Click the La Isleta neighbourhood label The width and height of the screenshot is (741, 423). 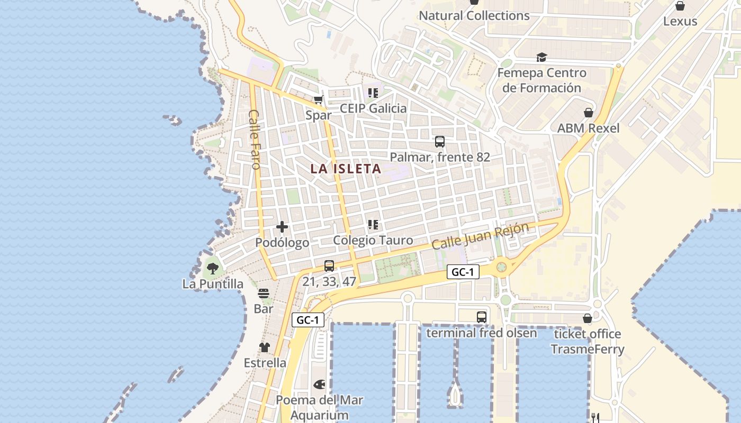(346, 169)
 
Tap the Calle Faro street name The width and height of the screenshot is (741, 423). (255, 140)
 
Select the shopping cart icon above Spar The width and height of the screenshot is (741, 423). (318, 99)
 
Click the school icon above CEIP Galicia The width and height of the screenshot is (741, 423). (373, 93)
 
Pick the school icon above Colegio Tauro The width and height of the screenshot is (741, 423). (373, 225)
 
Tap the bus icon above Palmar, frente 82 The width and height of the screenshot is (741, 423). (440, 142)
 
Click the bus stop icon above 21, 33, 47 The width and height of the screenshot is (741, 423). (329, 266)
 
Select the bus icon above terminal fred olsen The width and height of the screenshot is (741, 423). (482, 317)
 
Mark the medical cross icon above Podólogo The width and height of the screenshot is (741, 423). (282, 227)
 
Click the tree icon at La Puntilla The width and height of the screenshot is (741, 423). (213, 269)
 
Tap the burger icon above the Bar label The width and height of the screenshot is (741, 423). (264, 293)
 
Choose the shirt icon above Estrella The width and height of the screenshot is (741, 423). (265, 347)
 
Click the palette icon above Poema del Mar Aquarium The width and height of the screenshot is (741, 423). (320, 384)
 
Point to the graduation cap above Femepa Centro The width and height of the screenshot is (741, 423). (541, 57)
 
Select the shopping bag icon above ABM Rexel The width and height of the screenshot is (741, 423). (588, 113)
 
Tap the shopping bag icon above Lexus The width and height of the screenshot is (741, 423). (680, 6)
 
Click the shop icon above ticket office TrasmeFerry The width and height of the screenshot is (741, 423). (588, 318)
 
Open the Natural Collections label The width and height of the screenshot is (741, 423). (474, 16)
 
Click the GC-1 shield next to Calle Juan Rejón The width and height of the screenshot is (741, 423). (463, 272)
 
